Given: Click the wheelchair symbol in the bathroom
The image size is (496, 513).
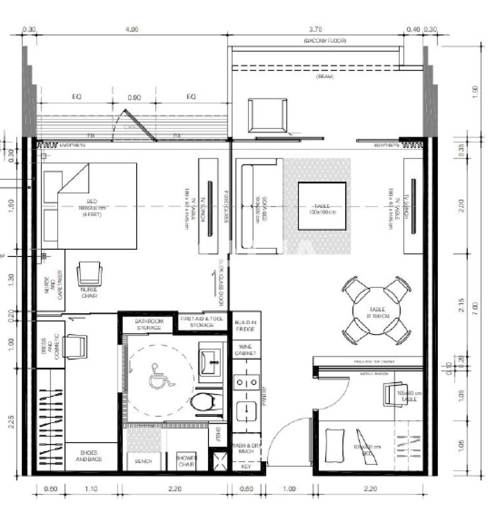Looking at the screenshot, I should (162, 376).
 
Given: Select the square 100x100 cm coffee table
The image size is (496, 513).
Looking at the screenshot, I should (322, 206).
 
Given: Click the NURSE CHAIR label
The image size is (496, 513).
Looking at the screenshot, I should (89, 292).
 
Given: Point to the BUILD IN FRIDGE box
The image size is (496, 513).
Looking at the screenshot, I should (245, 325).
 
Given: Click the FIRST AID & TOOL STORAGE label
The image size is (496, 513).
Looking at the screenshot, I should (202, 322).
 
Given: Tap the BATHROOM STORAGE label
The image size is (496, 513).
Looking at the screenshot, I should (149, 324).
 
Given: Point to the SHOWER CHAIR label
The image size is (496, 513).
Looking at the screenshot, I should (186, 461).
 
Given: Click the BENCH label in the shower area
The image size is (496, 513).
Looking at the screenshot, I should (143, 461).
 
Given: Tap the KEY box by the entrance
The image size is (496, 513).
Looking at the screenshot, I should (246, 467).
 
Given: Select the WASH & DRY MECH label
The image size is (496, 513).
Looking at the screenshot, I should (246, 448).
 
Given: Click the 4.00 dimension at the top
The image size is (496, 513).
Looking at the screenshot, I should (132, 29).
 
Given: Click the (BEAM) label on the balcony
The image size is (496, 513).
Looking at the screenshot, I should (324, 76).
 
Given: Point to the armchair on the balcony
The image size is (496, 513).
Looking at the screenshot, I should (267, 115).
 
